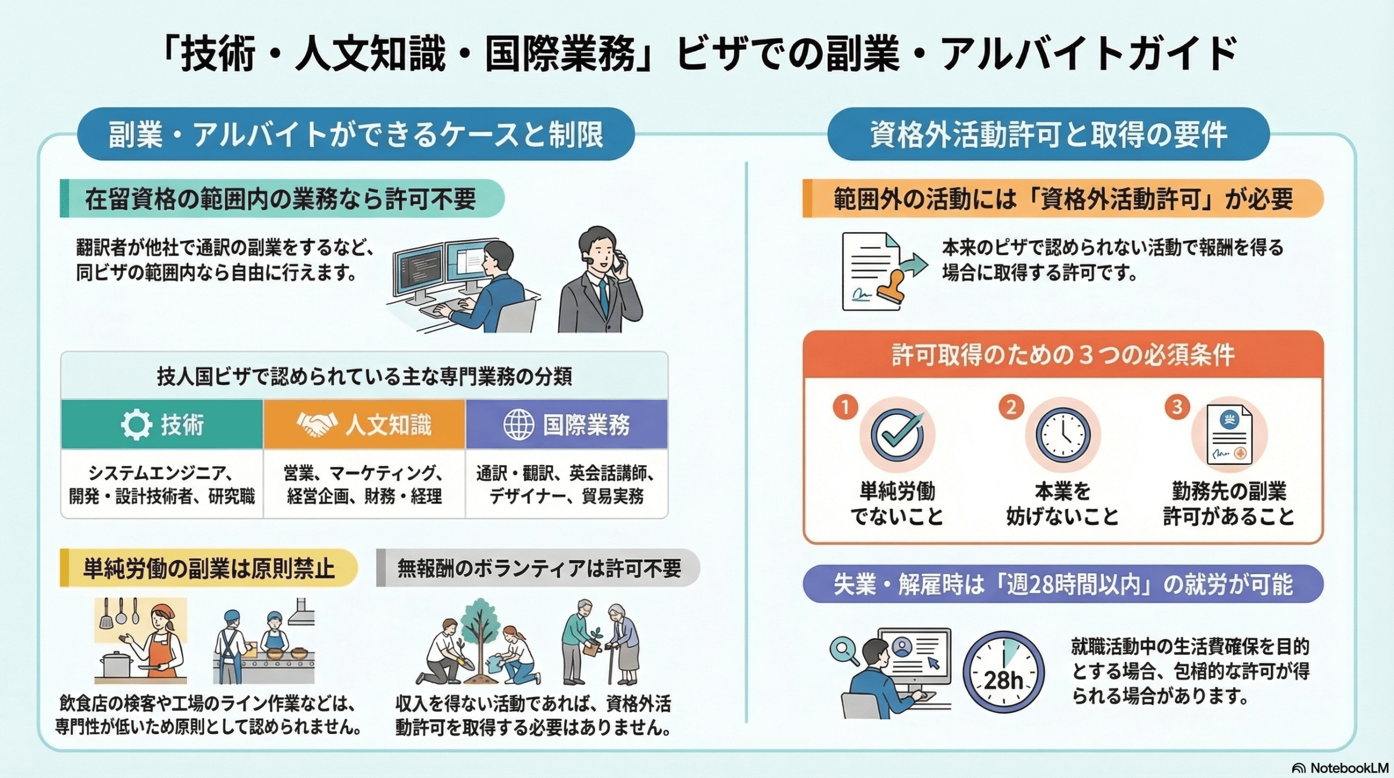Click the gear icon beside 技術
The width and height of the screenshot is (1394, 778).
[x=136, y=425]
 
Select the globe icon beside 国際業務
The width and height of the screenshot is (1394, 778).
[x=518, y=425]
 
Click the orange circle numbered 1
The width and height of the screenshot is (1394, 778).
[x=845, y=407]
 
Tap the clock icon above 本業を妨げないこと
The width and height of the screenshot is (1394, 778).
[x=1063, y=436]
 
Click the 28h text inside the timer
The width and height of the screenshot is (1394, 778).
[x=1003, y=681]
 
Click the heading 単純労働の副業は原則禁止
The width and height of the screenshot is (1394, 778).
[x=209, y=569]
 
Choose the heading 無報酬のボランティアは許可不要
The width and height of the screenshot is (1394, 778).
[x=539, y=568]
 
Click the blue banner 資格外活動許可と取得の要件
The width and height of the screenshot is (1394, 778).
[x=1048, y=134]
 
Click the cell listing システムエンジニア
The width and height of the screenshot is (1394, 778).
[x=162, y=483]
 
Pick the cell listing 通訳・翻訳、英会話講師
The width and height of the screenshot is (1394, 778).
[x=566, y=483]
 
